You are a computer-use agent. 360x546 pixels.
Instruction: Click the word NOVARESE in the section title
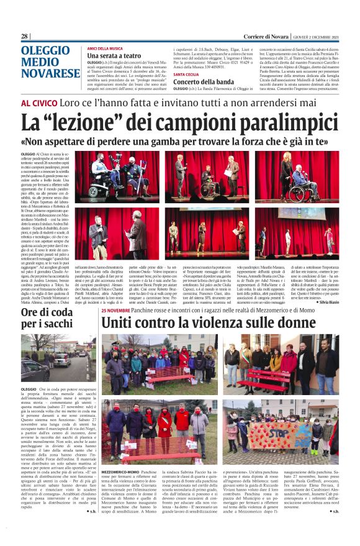[49, 75]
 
